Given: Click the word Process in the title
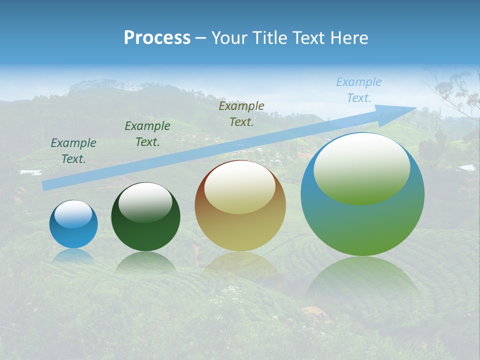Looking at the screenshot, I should [x=157, y=38].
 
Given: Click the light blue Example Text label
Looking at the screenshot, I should [x=358, y=90].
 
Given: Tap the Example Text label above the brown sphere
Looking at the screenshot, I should [x=241, y=114].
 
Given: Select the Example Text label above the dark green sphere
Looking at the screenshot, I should [x=147, y=134].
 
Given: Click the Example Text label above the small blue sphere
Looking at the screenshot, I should [x=73, y=151].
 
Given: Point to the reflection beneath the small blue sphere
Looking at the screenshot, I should [x=73, y=256].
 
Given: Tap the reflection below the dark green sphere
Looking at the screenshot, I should [x=145, y=262].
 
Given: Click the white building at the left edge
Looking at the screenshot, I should [x=30, y=172].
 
